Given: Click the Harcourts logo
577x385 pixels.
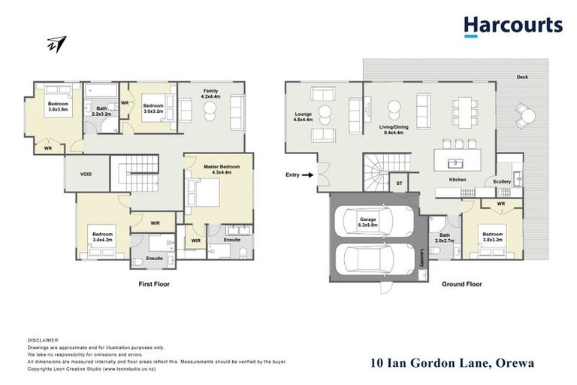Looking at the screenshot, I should coord(512,26).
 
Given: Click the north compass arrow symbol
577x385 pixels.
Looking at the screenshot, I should coord(56,44).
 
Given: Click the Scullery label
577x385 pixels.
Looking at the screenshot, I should coord(502,181).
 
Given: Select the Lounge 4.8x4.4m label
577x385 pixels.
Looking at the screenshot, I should coord(303,118).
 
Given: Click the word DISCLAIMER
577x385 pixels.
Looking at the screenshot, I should coord(42,341).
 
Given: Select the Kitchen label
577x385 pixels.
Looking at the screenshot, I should coord(458,180).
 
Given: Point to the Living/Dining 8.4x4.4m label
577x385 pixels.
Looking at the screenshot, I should coord(396,130).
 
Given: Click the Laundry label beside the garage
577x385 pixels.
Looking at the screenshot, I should coord(423,258).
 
